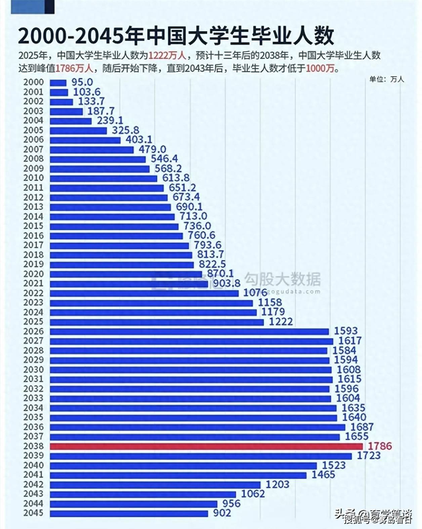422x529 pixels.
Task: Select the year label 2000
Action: coord(34,82)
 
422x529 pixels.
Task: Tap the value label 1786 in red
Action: coord(380,446)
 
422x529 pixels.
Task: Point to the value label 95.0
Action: coord(82,82)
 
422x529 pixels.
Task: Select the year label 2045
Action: coord(34,513)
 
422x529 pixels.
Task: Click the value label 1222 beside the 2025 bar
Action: coord(281,321)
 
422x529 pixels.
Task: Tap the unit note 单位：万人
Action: coord(387,79)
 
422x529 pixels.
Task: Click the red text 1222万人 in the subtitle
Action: coord(167,55)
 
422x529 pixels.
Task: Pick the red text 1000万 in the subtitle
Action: coord(320,69)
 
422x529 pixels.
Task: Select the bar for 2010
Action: coord(103,178)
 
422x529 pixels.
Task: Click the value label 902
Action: coord(222,513)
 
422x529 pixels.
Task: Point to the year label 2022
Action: coord(34,293)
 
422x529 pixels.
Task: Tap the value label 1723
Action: coord(369,455)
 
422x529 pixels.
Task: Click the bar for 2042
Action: coord(155,485)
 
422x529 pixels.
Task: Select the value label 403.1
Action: coord(139,139)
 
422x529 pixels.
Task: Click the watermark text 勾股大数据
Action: coord(282,279)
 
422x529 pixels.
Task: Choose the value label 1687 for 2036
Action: coord(362,427)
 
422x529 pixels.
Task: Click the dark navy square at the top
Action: coord(49,7)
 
